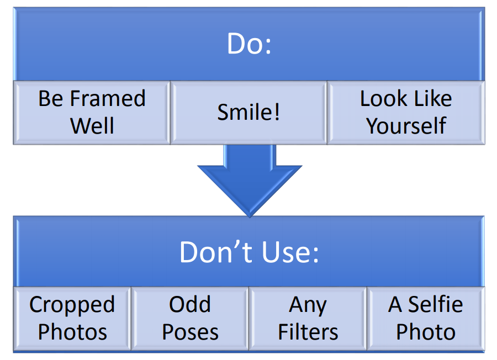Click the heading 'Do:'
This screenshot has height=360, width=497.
coord(249,44)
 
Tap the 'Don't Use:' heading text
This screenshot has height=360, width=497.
coord(249,252)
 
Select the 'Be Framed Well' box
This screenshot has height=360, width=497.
coord(92,113)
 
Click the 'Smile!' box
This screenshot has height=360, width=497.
coord(248,113)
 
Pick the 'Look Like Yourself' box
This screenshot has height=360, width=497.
coord(406,113)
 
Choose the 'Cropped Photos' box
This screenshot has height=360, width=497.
coord(72,319)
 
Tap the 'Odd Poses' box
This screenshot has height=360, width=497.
coord(190,319)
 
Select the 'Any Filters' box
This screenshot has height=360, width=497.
coord(308,319)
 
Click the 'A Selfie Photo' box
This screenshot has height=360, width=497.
coord(426,319)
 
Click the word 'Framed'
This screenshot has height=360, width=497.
coord(108,98)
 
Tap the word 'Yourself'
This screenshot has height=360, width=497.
coord(406,126)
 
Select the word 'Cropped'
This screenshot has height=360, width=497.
coord(72,305)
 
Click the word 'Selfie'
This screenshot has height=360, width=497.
coord(435,304)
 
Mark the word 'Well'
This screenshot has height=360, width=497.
coord(92,126)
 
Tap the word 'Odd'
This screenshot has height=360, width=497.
coord(190,304)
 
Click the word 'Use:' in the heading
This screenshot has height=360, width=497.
coord(290,252)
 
